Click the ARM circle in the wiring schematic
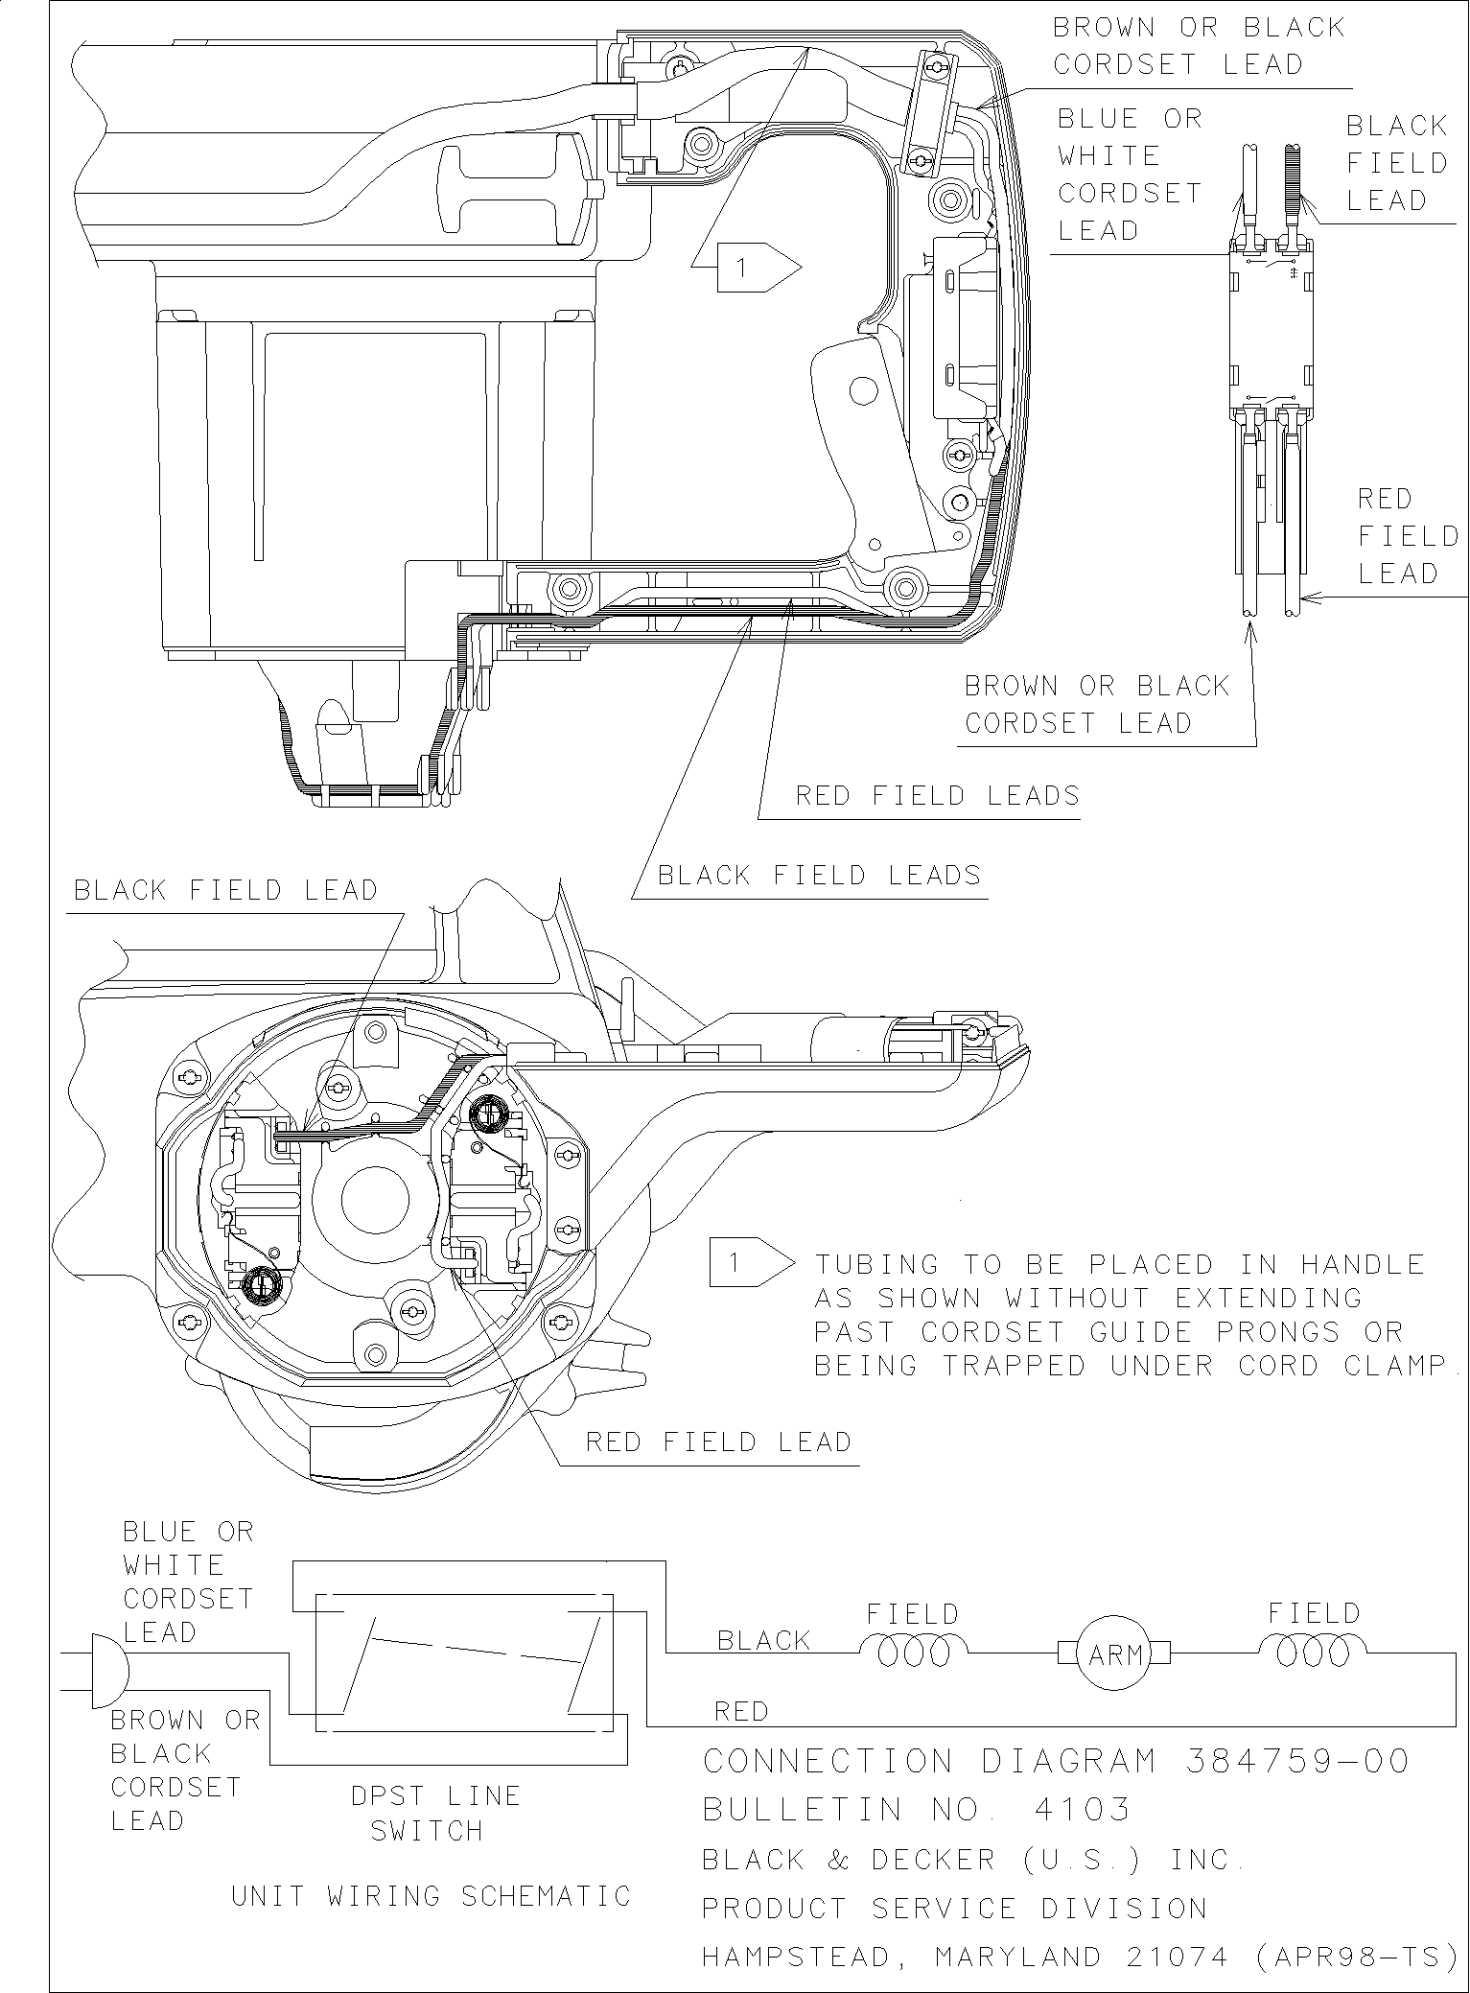tap(1114, 1653)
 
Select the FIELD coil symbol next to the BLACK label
tap(912, 1652)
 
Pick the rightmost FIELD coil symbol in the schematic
tap(1313, 1652)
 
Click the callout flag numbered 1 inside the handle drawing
tap(745, 268)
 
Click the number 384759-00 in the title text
tap(1297, 1761)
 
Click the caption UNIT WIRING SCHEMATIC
tap(432, 1896)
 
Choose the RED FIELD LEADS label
tap(937, 795)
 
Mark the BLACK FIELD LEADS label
tap(819, 875)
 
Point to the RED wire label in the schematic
tap(741, 1711)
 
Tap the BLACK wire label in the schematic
tap(763, 1641)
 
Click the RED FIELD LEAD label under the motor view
tap(718, 1442)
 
